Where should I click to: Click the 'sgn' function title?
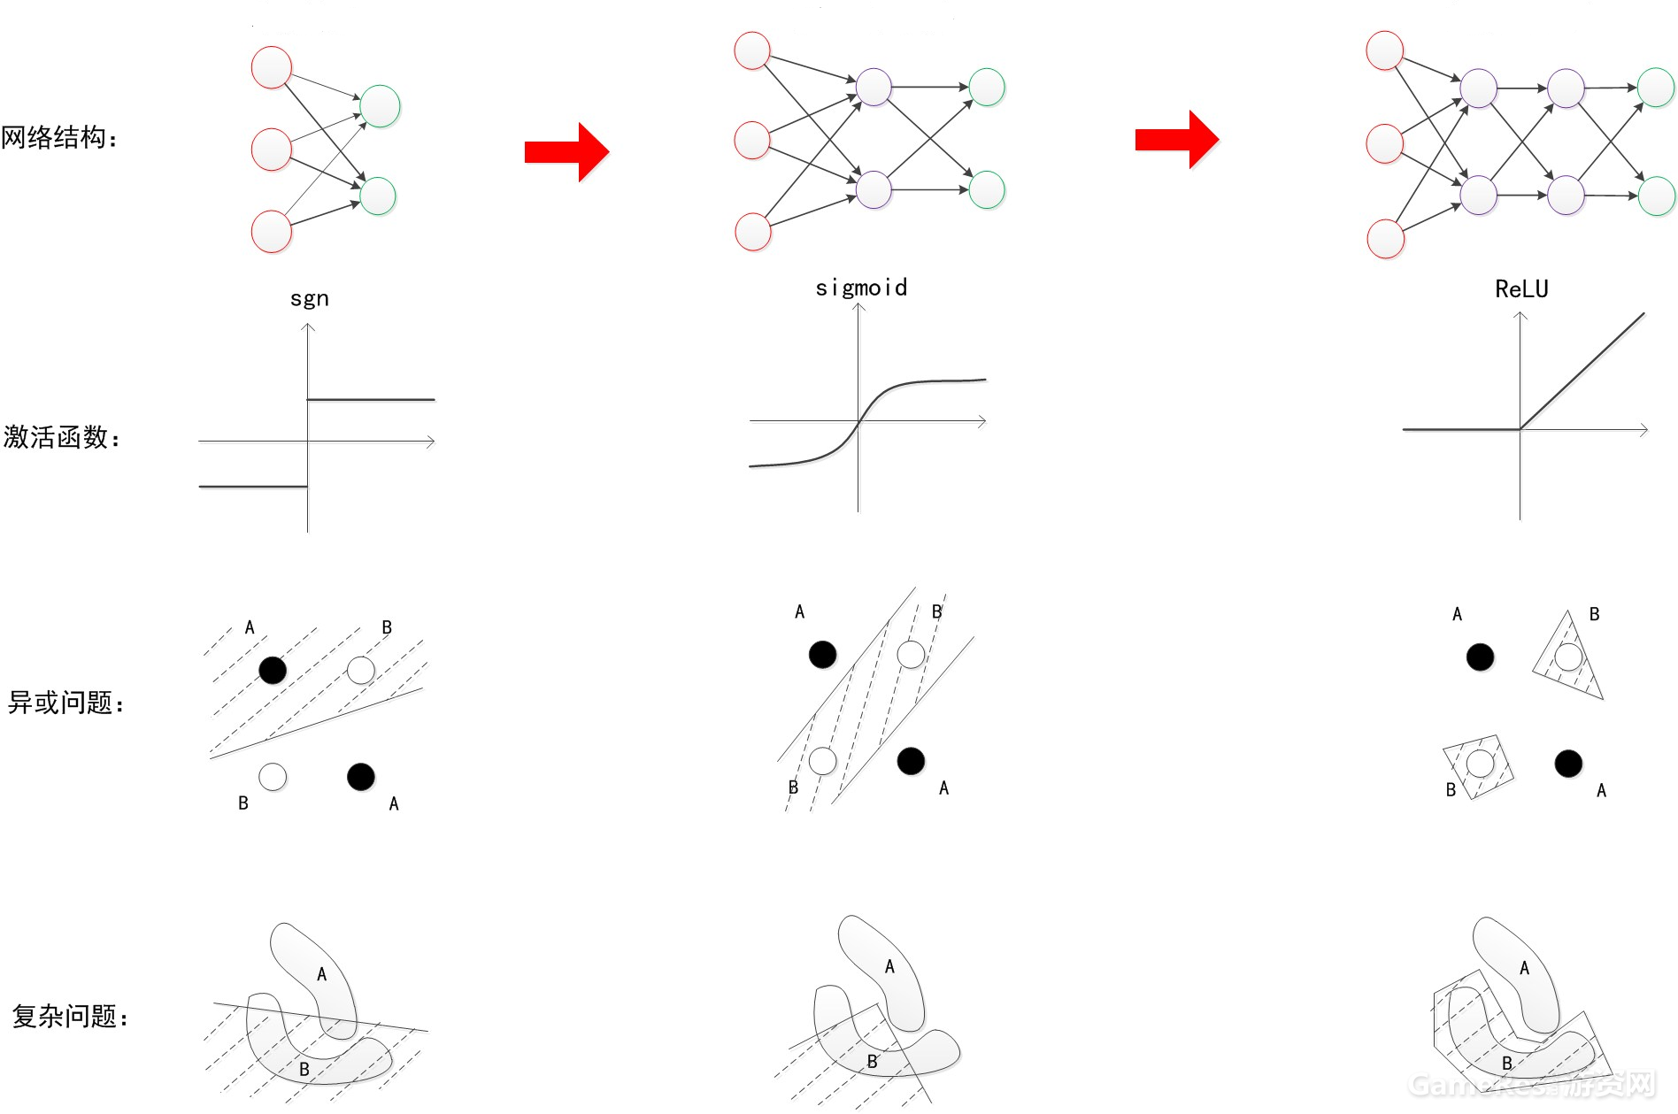309,299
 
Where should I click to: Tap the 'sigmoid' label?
861,288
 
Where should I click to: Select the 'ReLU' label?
1521,289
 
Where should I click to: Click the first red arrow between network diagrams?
566,152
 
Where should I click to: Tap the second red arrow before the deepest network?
1177,140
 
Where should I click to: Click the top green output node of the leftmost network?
380,106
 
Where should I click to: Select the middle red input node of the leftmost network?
272,150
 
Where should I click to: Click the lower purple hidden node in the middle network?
874,189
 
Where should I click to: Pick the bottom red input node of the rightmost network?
1386,239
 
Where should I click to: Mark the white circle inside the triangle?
1568,657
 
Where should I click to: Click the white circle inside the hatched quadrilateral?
1480,763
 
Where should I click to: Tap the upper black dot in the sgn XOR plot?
273,670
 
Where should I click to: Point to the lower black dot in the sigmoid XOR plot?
911,761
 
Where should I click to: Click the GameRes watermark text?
1532,1084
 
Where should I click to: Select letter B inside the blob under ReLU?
1507,1063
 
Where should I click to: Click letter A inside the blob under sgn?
321,974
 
